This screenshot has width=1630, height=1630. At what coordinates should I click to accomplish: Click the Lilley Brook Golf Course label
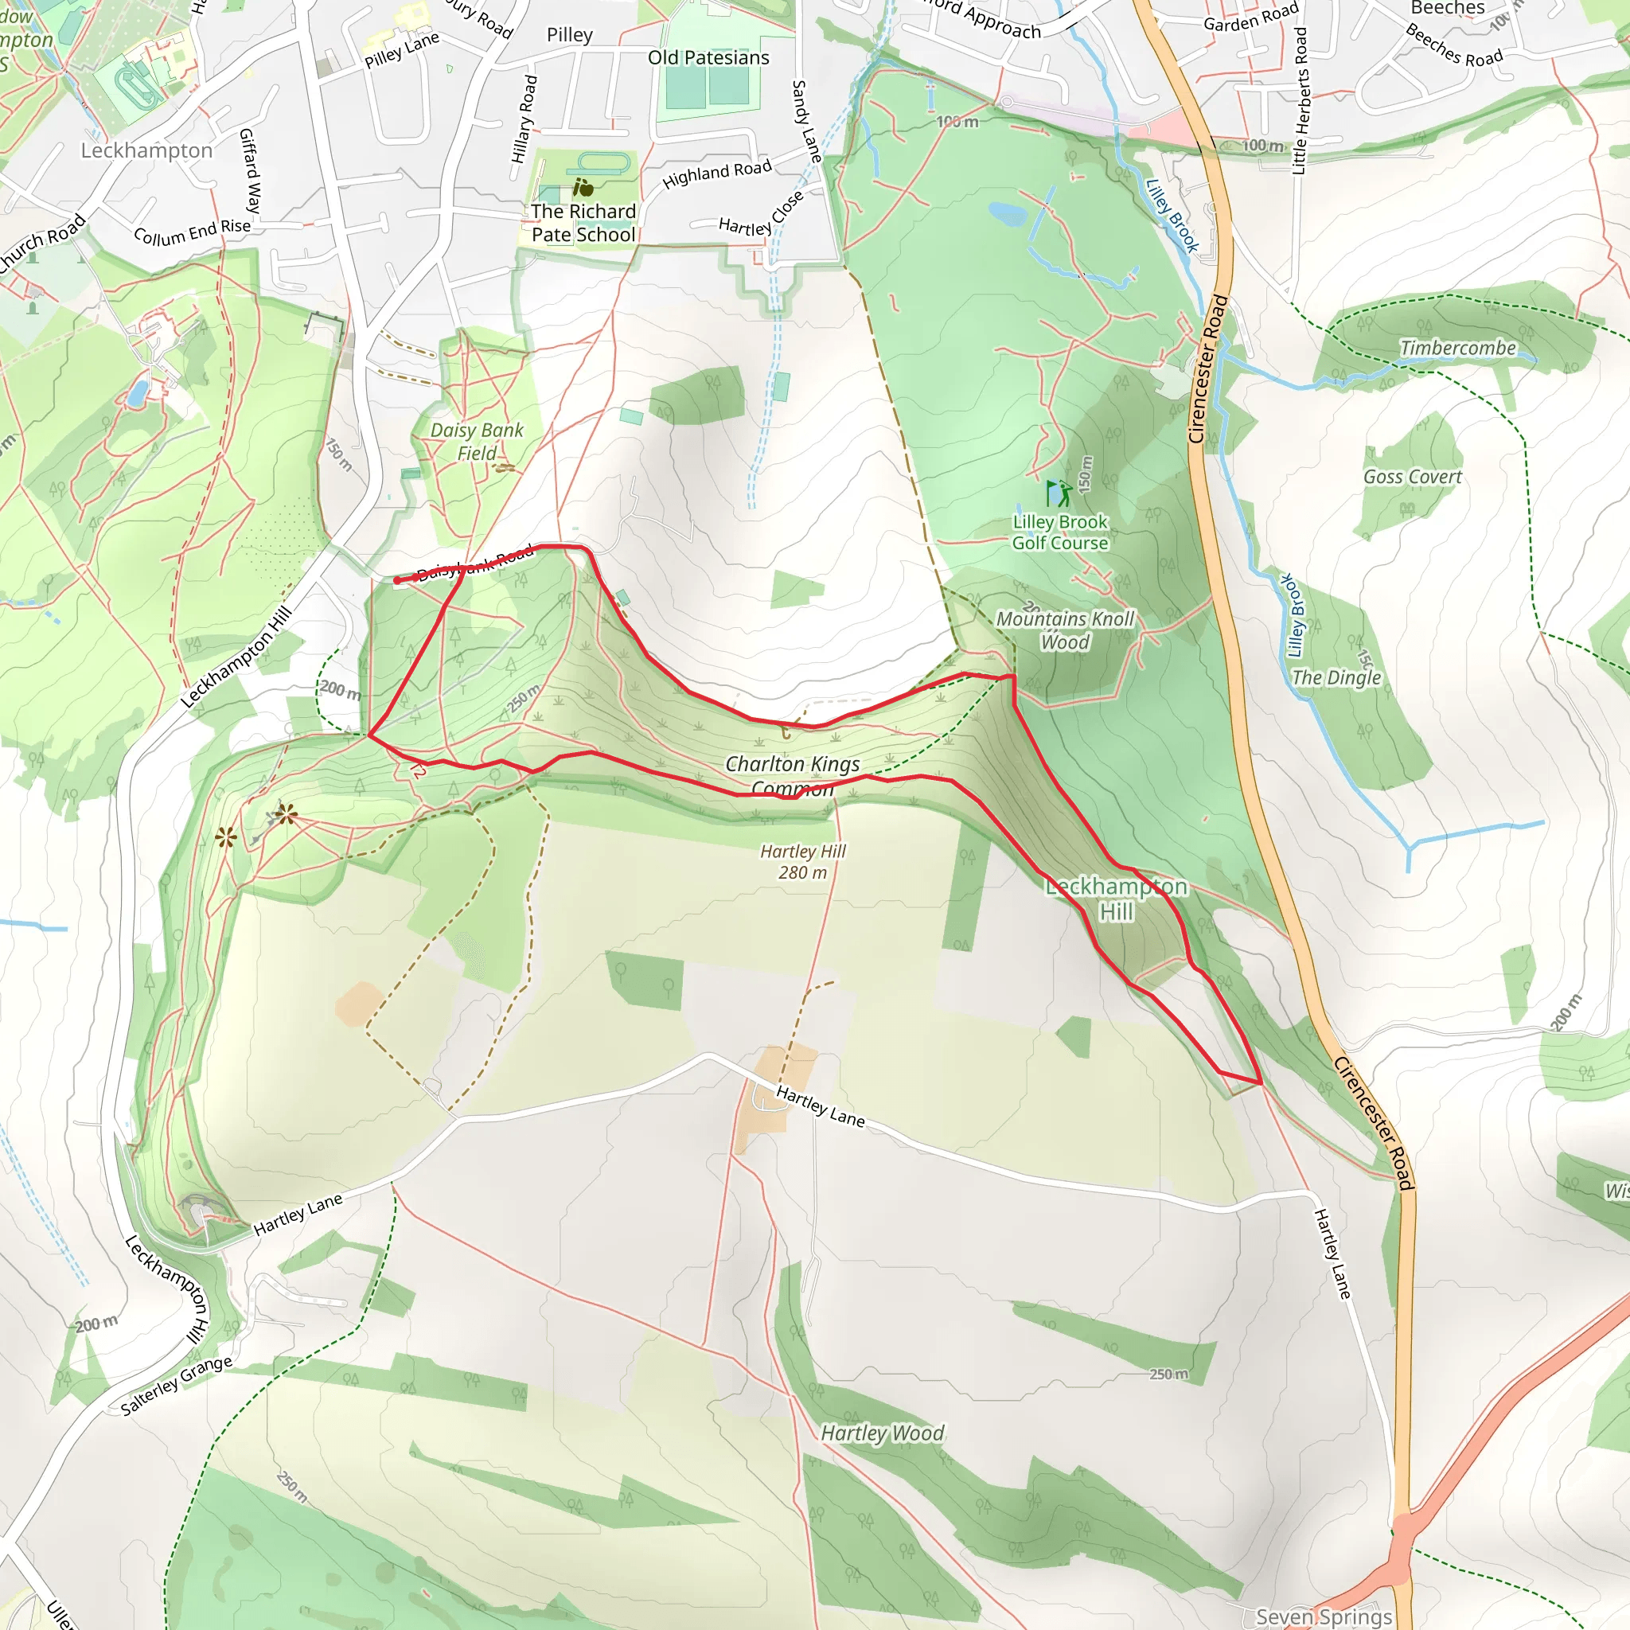(x=1059, y=532)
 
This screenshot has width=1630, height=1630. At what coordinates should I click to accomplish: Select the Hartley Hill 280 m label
(x=802, y=861)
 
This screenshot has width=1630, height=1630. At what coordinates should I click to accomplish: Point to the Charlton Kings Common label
(x=792, y=775)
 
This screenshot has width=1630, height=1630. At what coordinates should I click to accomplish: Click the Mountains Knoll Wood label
(x=1065, y=630)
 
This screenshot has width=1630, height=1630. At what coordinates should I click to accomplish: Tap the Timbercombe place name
(x=1458, y=348)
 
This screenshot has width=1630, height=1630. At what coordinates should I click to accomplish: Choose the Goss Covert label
(x=1413, y=477)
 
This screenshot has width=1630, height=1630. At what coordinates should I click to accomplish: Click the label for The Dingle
(x=1336, y=677)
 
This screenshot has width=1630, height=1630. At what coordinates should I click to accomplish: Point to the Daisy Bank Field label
(x=477, y=441)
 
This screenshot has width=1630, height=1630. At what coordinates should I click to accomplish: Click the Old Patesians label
(x=708, y=57)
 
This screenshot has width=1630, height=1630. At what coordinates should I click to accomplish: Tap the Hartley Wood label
(x=883, y=1433)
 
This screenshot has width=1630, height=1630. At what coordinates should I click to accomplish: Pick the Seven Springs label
(x=1324, y=1616)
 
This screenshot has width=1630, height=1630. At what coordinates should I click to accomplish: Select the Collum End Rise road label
(x=193, y=232)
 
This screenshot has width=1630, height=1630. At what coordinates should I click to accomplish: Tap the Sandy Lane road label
(x=806, y=122)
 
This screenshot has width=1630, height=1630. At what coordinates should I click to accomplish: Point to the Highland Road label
(x=717, y=174)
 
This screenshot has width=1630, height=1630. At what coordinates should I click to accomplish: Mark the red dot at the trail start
(x=397, y=580)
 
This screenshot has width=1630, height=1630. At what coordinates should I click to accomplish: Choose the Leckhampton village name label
(x=146, y=150)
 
